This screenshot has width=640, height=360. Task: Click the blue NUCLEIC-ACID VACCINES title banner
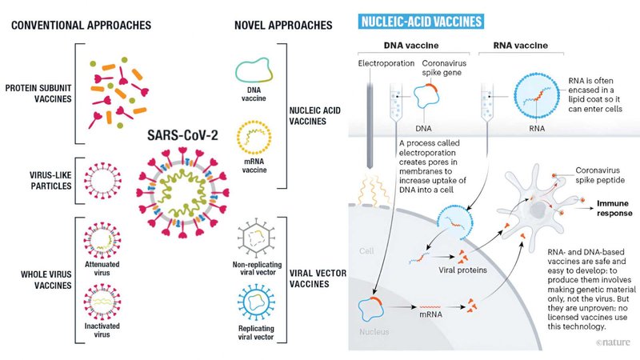pyautogui.click(x=421, y=22)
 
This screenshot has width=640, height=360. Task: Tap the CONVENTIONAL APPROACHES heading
pyautogui.click(x=82, y=26)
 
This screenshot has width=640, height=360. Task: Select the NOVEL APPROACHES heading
pyautogui.click(x=283, y=26)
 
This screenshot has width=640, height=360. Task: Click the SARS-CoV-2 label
pyautogui.click(x=182, y=135)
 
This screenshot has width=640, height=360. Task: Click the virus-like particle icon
pyautogui.click(x=102, y=181)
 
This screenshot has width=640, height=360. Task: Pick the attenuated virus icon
pyautogui.click(x=102, y=241)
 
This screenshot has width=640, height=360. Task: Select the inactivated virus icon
pyautogui.click(x=102, y=302)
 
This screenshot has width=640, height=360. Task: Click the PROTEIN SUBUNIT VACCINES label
pyautogui.click(x=38, y=94)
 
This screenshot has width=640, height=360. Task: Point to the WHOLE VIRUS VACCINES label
pyautogui.click(x=46, y=279)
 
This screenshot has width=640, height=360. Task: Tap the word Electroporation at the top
pyautogui.click(x=386, y=63)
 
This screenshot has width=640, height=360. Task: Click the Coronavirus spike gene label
pyautogui.click(x=444, y=68)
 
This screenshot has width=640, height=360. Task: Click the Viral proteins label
pyautogui.click(x=463, y=270)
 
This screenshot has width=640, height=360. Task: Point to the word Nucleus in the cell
pyautogui.click(x=374, y=332)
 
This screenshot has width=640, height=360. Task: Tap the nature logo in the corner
pyautogui.click(x=613, y=342)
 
